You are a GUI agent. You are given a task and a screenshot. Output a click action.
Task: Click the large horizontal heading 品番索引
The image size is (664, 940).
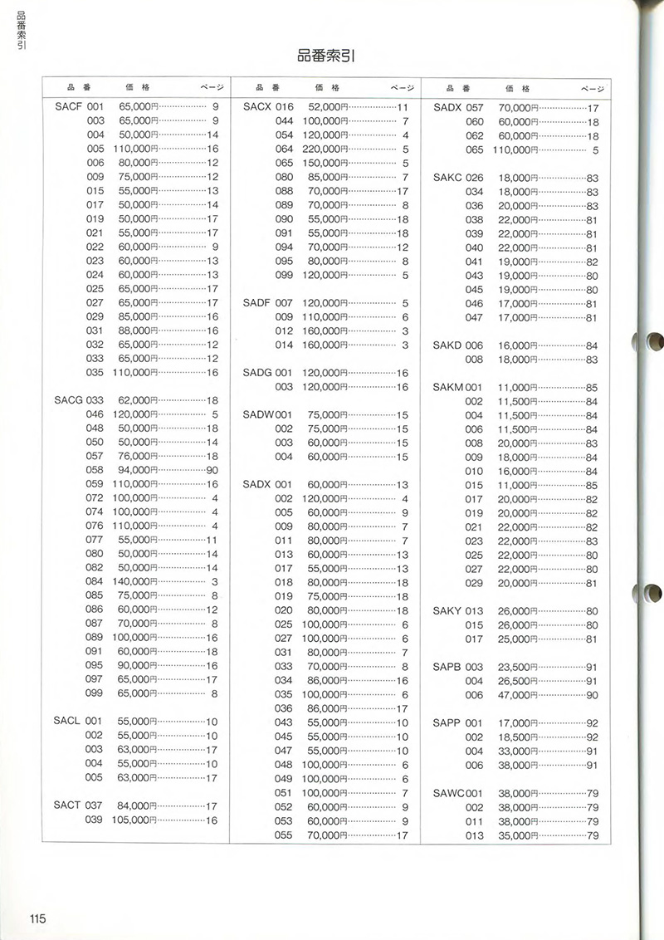tap(332, 56)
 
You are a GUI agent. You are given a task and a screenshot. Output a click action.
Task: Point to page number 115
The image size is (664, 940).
tap(37, 918)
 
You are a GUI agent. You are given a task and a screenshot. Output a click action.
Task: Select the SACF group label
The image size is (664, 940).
tap(68, 107)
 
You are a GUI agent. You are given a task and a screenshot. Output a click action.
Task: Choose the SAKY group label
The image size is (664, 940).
tap(447, 611)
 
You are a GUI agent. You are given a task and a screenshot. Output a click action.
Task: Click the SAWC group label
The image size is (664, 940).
tap(448, 793)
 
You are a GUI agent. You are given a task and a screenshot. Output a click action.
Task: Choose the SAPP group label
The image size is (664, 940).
tap(447, 722)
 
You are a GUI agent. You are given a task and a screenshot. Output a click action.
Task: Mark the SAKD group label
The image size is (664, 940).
tap(447, 345)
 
